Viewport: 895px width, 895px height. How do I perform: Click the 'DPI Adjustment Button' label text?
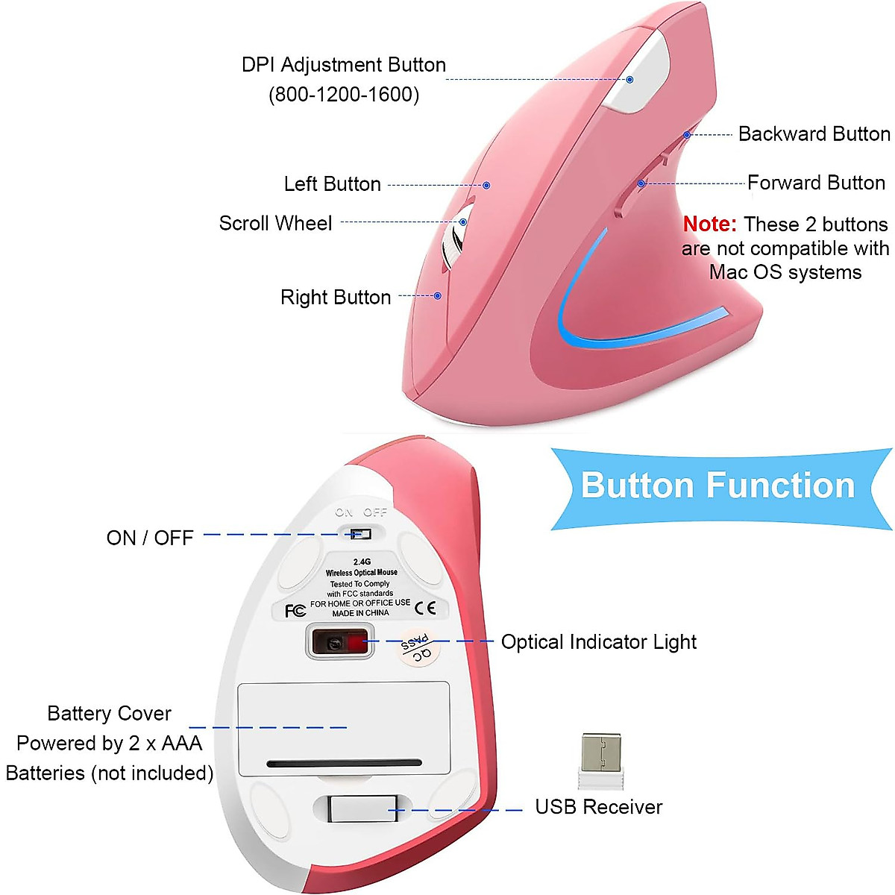343,66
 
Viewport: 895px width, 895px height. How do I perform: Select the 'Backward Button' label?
814,134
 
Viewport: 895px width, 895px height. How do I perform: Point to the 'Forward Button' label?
816,183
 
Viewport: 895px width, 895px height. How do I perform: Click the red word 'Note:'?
709,224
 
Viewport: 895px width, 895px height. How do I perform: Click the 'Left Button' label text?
332,184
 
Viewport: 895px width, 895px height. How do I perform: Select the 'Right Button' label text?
336,298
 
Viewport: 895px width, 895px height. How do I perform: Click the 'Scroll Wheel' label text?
275,224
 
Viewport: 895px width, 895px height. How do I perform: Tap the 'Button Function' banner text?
717,486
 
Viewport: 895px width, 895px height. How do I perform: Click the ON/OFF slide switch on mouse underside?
360,534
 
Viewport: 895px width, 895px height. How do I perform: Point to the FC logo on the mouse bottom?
295,611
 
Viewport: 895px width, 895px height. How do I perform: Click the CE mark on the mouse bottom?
425,608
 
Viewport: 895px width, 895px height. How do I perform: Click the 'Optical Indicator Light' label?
598,642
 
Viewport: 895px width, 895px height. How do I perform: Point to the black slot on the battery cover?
344,763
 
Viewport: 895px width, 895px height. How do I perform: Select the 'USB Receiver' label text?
598,807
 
